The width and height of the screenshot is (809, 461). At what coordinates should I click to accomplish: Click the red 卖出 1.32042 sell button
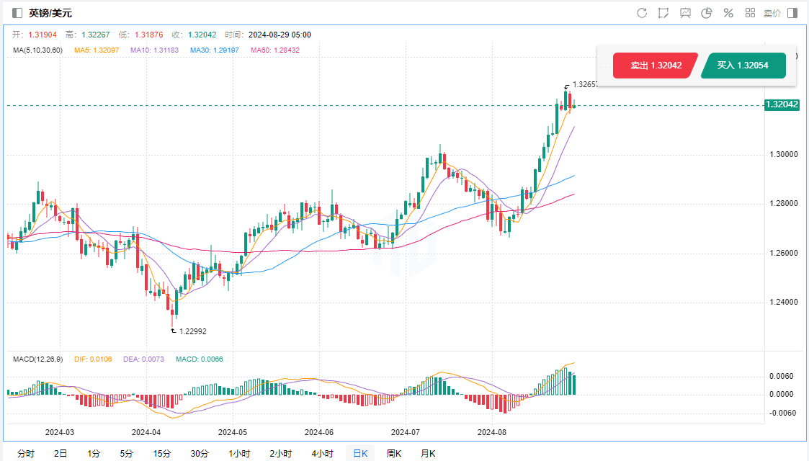pos(656,66)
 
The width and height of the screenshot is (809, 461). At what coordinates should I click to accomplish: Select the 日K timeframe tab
pos(359,453)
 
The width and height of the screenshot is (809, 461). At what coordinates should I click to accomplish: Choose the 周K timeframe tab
pos(394,453)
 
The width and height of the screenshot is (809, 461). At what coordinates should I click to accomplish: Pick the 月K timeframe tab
pos(428,453)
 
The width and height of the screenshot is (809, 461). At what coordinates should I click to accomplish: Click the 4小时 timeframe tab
pos(322,453)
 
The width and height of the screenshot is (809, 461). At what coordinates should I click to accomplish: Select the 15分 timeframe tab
pos(162,453)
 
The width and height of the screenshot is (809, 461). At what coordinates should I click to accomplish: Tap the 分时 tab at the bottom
pos(25,453)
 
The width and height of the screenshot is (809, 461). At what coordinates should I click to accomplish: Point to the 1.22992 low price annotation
pos(192,331)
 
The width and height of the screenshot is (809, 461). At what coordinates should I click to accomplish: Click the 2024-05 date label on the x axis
pos(232,432)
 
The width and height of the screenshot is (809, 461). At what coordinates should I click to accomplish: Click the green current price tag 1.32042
pos(782,104)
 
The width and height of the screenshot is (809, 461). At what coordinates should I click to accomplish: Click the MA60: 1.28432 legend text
pos(275,50)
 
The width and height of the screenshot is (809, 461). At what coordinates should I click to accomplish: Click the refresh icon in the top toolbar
pos(642,13)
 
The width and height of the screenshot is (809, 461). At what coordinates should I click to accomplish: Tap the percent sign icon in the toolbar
pos(728,13)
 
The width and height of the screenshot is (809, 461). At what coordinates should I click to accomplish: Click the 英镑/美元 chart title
pos(50,13)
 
